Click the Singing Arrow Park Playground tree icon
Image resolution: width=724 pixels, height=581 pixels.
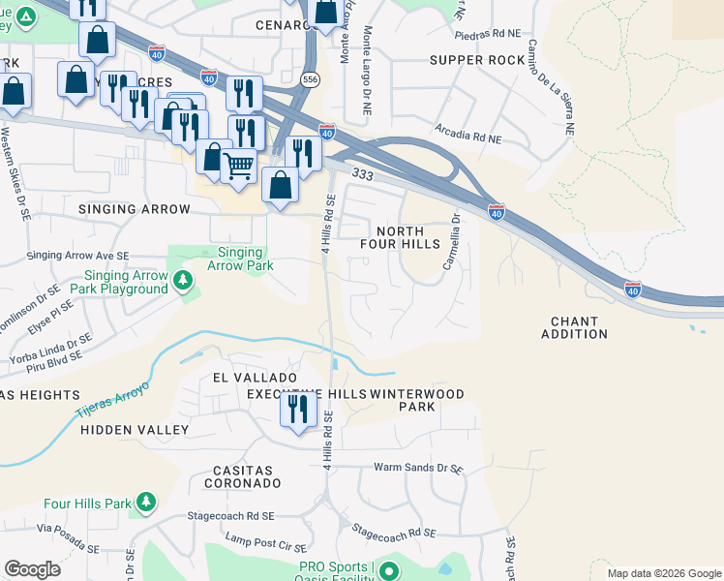pyautogui.click(x=182, y=281)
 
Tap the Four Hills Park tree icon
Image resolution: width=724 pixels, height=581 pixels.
pyautogui.click(x=145, y=503)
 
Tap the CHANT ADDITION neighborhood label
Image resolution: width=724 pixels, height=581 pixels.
pyautogui.click(x=580, y=327)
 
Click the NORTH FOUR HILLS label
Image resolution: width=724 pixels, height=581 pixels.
pyautogui.click(x=407, y=237)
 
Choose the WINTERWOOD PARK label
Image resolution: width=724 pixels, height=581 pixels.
pyautogui.click(x=417, y=400)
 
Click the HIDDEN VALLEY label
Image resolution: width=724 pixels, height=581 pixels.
pyautogui.click(x=135, y=428)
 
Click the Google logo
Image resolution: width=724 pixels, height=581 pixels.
pyautogui.click(x=32, y=569)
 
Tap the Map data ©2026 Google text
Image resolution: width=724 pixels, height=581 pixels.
pyautogui.click(x=663, y=573)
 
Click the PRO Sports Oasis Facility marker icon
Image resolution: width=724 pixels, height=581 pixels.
pyautogui.click(x=388, y=571)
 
